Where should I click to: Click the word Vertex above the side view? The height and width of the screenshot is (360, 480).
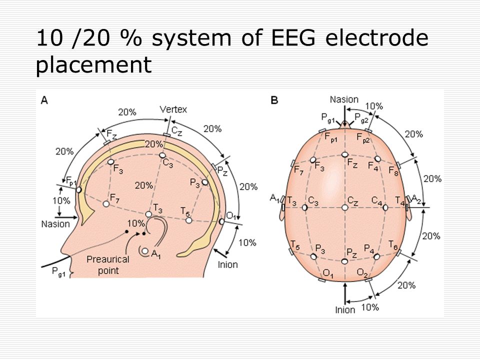pos(173,109)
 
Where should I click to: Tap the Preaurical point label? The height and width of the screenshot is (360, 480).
pos(108,265)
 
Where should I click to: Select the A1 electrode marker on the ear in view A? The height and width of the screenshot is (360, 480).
pos(145,251)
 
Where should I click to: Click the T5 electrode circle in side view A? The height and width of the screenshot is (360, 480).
pos(189,220)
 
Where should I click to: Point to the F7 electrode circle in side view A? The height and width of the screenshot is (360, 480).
pos(106,203)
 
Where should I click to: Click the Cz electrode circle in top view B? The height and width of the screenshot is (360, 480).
pos(345,207)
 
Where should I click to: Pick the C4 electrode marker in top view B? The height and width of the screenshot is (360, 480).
pos(385,207)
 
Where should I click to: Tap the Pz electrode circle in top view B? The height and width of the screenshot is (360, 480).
pos(344,261)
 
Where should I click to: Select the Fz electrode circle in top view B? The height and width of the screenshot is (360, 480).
pos(345,154)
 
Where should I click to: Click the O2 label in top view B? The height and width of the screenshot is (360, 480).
pos(362,272)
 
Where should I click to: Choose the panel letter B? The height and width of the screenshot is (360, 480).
pos(274,100)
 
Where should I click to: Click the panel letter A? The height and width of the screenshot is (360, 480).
pos(44,100)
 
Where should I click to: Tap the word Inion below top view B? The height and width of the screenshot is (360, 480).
pos(345,310)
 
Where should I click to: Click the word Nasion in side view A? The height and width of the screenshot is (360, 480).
pos(55,224)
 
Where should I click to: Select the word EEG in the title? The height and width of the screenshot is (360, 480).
pos(293,37)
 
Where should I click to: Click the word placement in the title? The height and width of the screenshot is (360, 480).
pos(93,65)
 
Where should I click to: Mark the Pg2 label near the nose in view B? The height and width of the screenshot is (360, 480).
pos(361,118)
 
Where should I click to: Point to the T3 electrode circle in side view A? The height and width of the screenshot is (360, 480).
pos(148,214)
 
